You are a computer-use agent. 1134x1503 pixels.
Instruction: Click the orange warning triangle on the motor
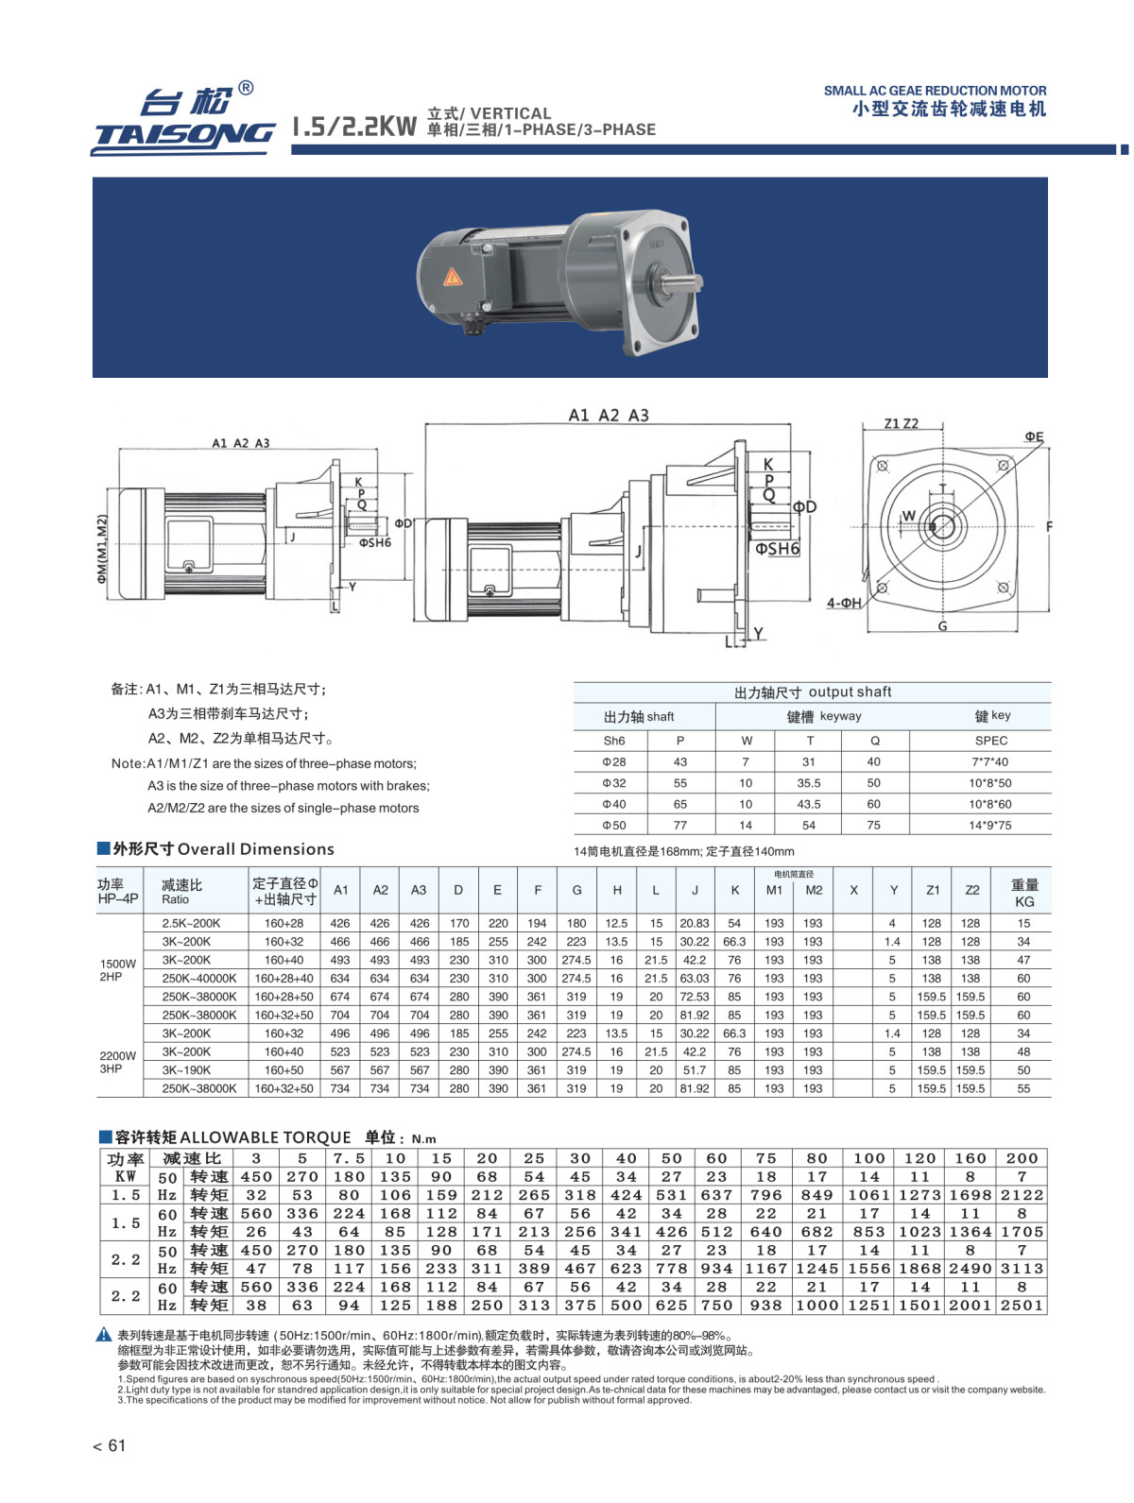coord(453,277)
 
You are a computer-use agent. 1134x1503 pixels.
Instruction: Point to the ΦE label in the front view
coord(1034,437)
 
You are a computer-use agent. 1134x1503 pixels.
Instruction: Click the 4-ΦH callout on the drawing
coord(844,603)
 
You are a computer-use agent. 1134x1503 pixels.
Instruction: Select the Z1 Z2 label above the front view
coord(901,423)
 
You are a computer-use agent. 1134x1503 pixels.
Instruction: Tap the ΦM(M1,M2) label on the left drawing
coord(103,549)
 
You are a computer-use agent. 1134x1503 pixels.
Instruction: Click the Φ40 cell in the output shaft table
coord(614,804)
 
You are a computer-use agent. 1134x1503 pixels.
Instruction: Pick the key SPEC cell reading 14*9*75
coord(989,825)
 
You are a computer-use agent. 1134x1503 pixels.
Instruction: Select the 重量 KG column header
coord(1024,892)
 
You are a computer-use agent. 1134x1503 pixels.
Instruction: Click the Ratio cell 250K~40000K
coord(199,979)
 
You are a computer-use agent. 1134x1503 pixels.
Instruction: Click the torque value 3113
coord(1022,1269)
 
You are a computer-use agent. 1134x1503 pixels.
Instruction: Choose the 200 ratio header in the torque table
coord(1022,1158)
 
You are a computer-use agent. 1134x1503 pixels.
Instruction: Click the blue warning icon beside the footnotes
coord(104,1335)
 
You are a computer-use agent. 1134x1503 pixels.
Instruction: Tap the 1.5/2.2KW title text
coord(354,126)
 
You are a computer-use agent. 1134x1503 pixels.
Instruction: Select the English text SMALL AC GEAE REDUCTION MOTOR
coord(935,91)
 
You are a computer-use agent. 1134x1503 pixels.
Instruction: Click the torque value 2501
coord(1022,1306)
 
